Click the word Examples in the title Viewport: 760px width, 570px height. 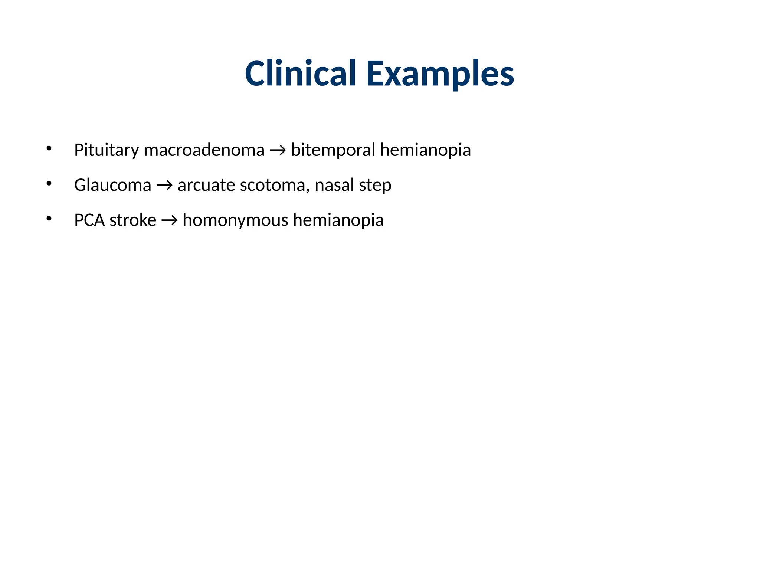440,74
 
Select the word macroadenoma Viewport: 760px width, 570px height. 204,150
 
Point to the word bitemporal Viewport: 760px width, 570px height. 333,150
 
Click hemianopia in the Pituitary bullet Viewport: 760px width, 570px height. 425,150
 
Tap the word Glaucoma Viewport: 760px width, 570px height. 112,185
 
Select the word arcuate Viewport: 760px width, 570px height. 206,185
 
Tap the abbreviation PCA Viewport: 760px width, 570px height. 89,220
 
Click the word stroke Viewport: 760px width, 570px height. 133,220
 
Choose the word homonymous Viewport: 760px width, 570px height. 235,220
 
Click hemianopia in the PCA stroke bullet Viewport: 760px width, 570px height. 338,220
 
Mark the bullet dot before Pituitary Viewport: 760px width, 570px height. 49,149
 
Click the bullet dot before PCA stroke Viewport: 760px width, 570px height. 49,219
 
